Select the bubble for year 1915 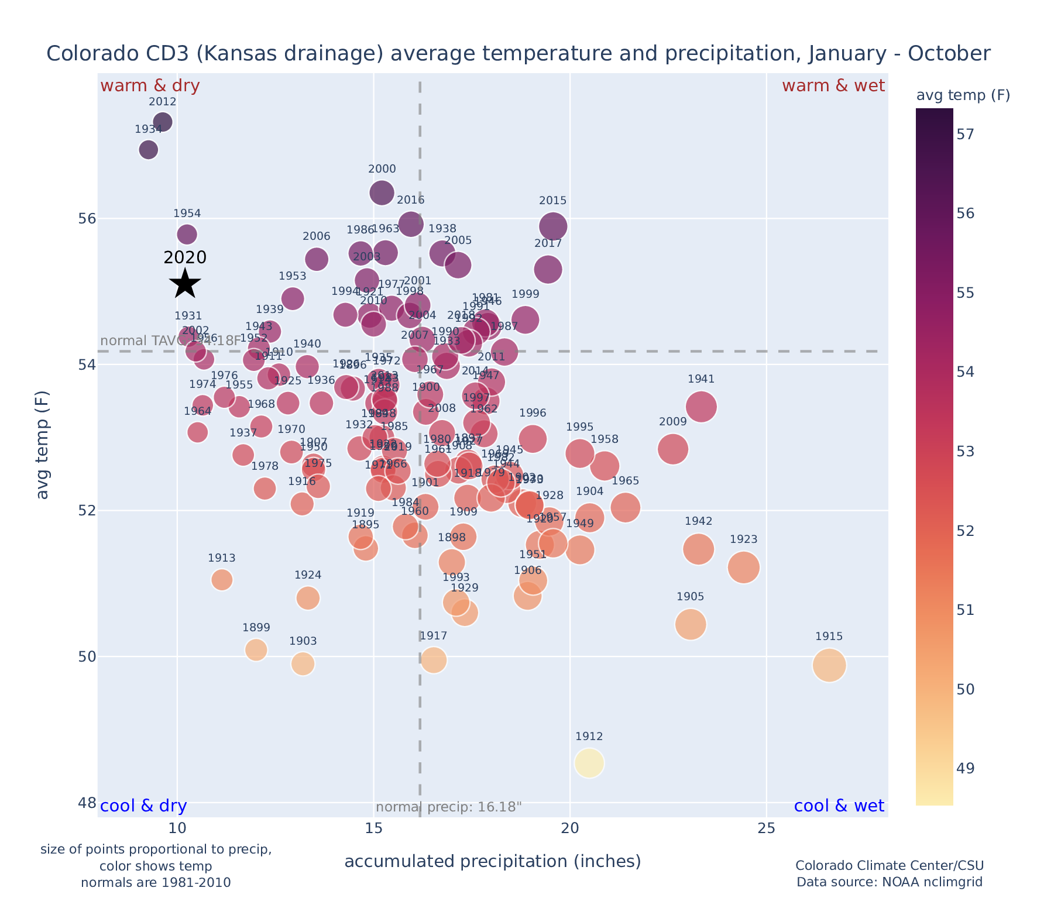pyautogui.click(x=829, y=665)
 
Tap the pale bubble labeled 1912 pyautogui.click(x=589, y=763)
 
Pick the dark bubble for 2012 pyautogui.click(x=163, y=122)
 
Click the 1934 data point pyautogui.click(x=149, y=150)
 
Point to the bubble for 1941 pyautogui.click(x=701, y=407)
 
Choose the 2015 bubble pyautogui.click(x=553, y=226)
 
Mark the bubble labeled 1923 pyautogui.click(x=744, y=567)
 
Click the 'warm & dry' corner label pyautogui.click(x=150, y=86)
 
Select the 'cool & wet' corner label pyautogui.click(x=839, y=806)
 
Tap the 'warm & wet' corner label pyautogui.click(x=833, y=86)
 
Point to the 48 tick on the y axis pyautogui.click(x=87, y=803)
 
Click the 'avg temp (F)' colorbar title pyautogui.click(x=963, y=95)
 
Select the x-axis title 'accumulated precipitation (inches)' pyautogui.click(x=492, y=861)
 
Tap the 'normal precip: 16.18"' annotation pyautogui.click(x=448, y=807)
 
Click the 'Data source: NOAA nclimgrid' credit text pyautogui.click(x=889, y=882)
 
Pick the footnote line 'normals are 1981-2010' pyautogui.click(x=156, y=882)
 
